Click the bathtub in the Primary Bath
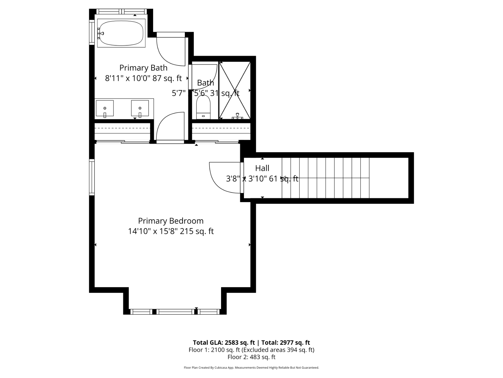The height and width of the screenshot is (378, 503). (121, 33)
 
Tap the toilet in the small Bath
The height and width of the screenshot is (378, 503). (203, 107)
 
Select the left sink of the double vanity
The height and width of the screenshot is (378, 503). (105, 108)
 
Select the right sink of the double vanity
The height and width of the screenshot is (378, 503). (140, 108)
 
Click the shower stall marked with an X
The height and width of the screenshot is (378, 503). (235, 90)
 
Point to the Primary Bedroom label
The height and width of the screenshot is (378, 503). (171, 221)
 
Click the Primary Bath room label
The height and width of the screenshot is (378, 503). (143, 68)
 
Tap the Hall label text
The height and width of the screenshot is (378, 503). (262, 168)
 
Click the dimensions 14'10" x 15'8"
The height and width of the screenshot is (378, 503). (153, 231)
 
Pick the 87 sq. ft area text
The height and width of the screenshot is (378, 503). (167, 78)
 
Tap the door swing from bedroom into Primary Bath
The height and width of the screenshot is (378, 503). (170, 126)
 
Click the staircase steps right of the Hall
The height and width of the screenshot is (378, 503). (326, 178)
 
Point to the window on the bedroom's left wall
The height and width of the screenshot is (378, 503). (92, 177)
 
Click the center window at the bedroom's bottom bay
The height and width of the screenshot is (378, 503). (175, 312)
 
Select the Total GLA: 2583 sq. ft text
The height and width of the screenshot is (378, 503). (224, 343)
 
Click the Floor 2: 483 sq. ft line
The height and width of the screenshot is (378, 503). (251, 357)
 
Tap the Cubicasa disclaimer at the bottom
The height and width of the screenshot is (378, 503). (251, 368)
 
